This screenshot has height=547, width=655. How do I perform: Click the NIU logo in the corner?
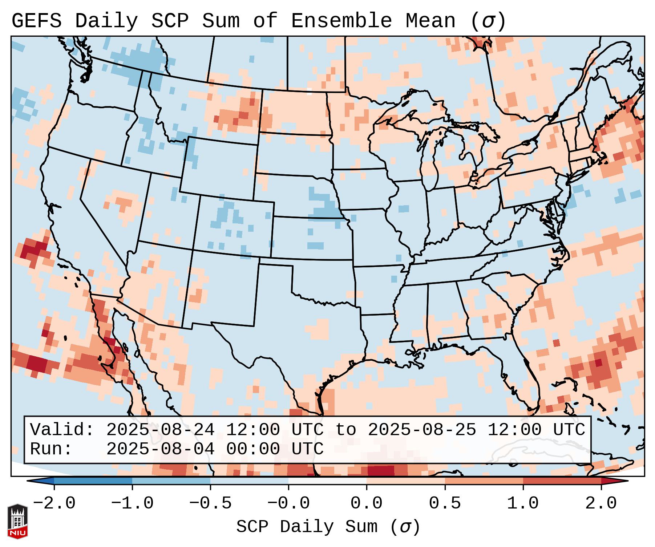click(x=17, y=521)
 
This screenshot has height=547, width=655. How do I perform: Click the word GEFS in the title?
click(x=36, y=21)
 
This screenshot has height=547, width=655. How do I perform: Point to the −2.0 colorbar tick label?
click(x=54, y=503)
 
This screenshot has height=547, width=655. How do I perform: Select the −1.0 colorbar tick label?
click(x=132, y=503)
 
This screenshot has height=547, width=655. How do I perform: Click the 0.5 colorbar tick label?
click(x=445, y=503)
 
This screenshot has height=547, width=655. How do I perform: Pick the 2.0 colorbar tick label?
click(x=601, y=503)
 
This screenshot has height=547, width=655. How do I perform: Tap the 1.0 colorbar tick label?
click(x=523, y=503)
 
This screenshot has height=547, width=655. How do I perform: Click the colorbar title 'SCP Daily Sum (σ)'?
click(x=328, y=527)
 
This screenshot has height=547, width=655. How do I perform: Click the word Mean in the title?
click(x=430, y=21)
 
